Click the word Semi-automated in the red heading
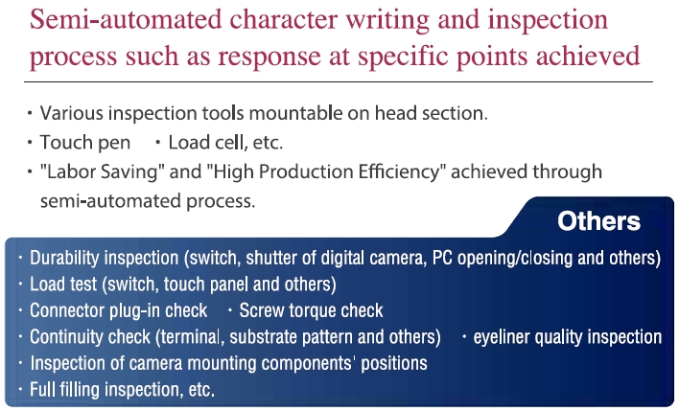pos(126,19)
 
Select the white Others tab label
pos(598,221)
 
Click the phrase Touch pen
pos(85,143)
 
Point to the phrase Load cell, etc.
pos(225,143)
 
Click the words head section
pos(431,113)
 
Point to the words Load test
pos(63,285)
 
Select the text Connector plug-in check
pos(119,310)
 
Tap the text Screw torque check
pos(311,310)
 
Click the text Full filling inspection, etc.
pos(122,389)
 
